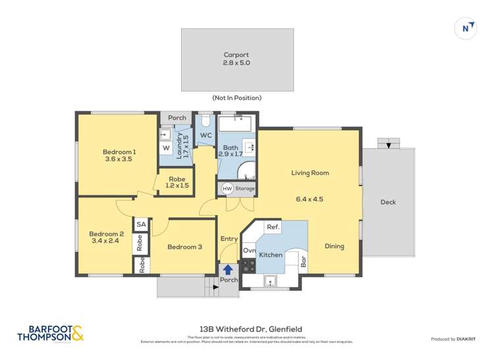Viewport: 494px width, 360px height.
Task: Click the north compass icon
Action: click(x=466, y=28)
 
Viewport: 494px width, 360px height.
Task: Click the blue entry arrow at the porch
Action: click(x=228, y=269)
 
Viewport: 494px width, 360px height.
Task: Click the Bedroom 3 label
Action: click(x=184, y=247)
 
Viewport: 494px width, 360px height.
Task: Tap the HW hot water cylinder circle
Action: click(x=227, y=189)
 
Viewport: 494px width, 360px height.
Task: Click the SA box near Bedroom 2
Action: click(x=140, y=224)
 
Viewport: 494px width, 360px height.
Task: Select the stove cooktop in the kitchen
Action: click(x=248, y=266)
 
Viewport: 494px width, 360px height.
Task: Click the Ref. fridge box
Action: click(x=273, y=227)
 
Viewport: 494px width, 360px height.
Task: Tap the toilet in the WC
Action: click(x=205, y=122)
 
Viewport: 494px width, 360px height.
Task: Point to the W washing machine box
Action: click(x=166, y=148)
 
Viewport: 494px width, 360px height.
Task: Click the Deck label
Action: click(x=388, y=202)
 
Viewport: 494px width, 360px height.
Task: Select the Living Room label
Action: click(x=310, y=173)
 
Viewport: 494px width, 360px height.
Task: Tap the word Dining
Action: click(x=334, y=246)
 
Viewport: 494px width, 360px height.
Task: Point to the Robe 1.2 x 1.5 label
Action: click(x=177, y=182)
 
